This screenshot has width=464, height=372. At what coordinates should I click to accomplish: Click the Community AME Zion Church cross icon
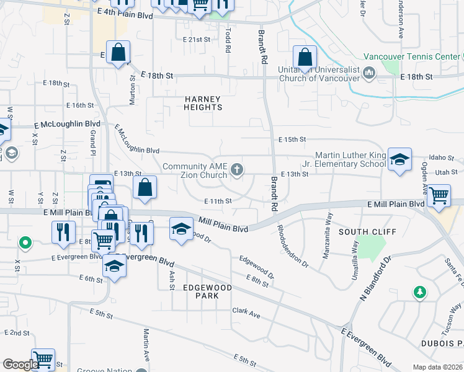[x=237, y=169]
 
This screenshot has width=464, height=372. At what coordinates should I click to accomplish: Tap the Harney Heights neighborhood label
[x=203, y=103]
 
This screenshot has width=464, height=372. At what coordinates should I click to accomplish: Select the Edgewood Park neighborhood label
[x=207, y=291]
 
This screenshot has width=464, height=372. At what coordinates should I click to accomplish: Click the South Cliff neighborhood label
[x=362, y=232]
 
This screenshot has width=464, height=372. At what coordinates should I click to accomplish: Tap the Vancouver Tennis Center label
[x=411, y=56]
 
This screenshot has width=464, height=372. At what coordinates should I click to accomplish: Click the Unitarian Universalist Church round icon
[x=370, y=74]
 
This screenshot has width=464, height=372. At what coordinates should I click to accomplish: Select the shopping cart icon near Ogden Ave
[x=439, y=195]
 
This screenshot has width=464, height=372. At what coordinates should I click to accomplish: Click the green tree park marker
[x=420, y=291]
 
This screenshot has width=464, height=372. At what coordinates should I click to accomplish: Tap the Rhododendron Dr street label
[x=292, y=245]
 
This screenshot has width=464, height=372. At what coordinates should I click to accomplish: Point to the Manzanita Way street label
[x=328, y=227]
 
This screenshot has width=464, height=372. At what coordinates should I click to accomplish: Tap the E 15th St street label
[x=293, y=140]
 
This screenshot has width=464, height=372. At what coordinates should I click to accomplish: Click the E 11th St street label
[x=218, y=201]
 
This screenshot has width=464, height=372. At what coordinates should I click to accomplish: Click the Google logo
[x=20, y=365]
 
